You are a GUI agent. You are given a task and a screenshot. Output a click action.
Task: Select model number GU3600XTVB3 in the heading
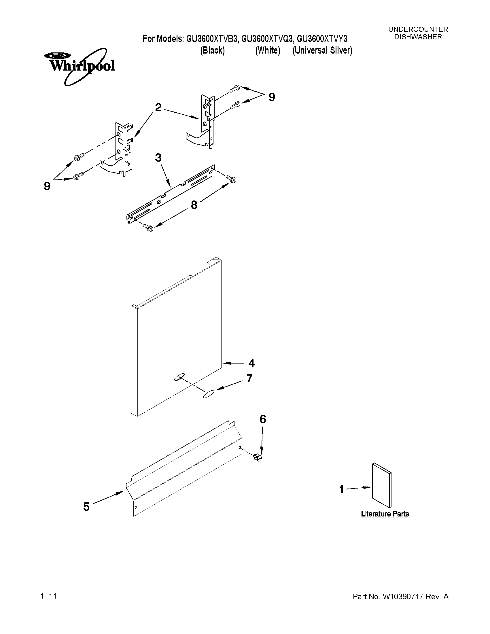click(212, 39)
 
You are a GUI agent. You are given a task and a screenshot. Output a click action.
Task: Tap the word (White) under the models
click(268, 50)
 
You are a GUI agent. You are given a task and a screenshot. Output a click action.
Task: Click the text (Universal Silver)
click(322, 50)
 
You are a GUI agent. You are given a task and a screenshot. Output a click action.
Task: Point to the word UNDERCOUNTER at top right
click(418, 29)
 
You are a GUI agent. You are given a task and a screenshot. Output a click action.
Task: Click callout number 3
click(158, 158)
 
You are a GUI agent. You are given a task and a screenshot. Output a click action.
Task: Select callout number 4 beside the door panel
click(251, 363)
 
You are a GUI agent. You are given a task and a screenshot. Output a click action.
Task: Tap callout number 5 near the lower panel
click(86, 507)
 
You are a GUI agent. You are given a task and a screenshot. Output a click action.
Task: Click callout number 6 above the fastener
click(263, 419)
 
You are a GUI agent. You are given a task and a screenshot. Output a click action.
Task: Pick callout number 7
click(249, 378)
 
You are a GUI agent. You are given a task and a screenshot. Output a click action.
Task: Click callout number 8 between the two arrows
click(194, 205)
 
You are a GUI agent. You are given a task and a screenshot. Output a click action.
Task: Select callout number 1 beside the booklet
click(342, 489)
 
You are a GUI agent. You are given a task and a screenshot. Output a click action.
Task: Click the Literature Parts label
click(385, 514)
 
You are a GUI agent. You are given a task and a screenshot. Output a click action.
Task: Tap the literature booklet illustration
click(381, 485)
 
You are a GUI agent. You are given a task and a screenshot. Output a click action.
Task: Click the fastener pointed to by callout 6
click(258, 457)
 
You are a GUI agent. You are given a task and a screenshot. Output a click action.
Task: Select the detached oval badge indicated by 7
click(209, 394)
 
